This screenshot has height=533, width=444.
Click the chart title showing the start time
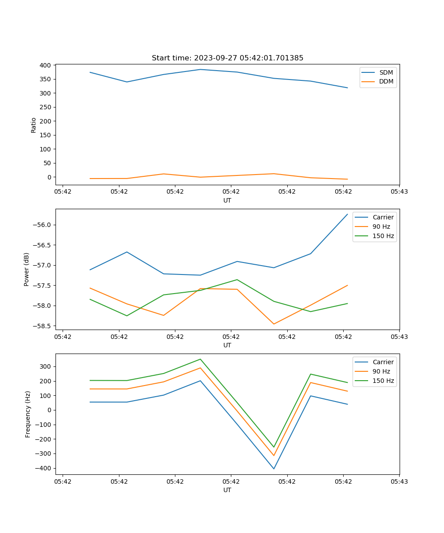227,58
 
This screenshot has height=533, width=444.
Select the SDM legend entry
386,72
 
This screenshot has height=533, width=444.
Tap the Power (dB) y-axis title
27,269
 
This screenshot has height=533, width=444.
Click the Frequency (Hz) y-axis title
28,414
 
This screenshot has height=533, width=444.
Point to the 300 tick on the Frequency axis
45,366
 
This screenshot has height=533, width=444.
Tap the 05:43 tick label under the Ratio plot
399,192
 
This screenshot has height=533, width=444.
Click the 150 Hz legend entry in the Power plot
383,236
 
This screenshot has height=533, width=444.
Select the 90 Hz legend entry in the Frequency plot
381,371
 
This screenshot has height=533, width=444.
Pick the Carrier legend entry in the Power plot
383,217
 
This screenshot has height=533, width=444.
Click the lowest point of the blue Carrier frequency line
274,469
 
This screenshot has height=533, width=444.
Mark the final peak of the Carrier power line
347,215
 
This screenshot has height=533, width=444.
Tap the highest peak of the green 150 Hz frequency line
200,359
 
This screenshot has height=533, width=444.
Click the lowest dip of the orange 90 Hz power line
274,324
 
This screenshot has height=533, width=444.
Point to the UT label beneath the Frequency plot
227,490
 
